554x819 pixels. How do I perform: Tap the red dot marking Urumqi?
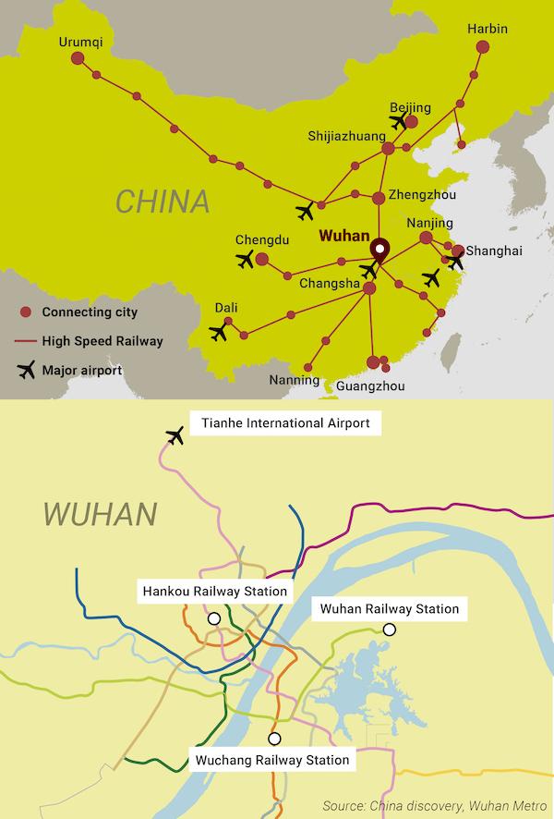(x=78, y=58)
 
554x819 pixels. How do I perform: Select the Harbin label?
(x=488, y=29)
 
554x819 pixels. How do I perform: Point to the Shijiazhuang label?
(x=346, y=137)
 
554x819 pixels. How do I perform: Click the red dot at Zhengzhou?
(x=379, y=198)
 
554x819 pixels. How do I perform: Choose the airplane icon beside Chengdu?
(x=245, y=260)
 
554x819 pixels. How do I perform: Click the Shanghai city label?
(x=494, y=251)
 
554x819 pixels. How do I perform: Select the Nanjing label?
(x=429, y=224)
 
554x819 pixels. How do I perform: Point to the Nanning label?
(x=294, y=380)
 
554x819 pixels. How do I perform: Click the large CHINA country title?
(x=163, y=201)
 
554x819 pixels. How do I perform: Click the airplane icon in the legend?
(x=27, y=371)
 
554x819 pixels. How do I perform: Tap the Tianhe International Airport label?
(x=285, y=424)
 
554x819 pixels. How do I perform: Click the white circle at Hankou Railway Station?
(x=214, y=617)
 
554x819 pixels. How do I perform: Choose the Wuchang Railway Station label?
(x=272, y=760)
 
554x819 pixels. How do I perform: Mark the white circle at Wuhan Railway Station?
(x=390, y=630)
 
